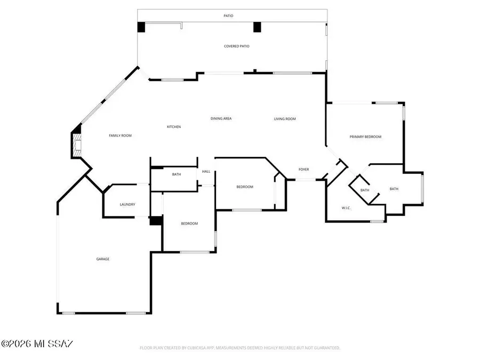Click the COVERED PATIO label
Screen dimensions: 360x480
[236, 46]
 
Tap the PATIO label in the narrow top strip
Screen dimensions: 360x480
[228, 16]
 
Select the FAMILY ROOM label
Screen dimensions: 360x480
[120, 136]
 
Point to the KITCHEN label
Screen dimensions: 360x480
[174, 127]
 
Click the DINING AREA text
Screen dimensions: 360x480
[221, 118]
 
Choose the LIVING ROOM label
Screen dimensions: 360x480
[285, 119]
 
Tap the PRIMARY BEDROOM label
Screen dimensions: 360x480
[365, 137]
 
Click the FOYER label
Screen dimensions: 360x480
[303, 170]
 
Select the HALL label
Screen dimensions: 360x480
[206, 172]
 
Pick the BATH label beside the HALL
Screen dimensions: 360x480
[177, 174]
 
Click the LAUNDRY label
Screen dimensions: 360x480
[127, 204]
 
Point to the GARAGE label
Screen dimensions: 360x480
[103, 259]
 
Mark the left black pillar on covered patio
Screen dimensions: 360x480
[141, 27]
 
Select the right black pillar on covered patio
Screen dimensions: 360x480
[257, 27]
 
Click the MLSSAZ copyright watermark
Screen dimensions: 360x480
[37, 344]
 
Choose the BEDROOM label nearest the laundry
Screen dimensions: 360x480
[189, 223]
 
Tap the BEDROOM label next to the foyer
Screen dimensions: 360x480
[245, 187]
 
